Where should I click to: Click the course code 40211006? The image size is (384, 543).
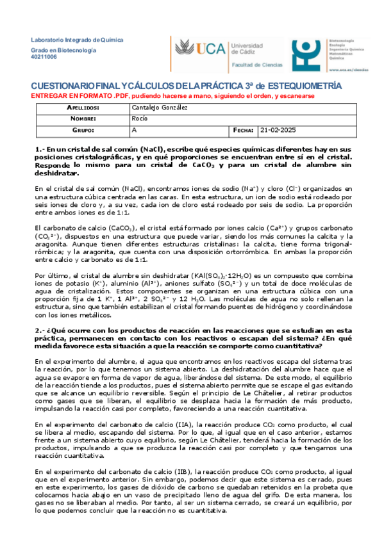pos(44,57)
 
